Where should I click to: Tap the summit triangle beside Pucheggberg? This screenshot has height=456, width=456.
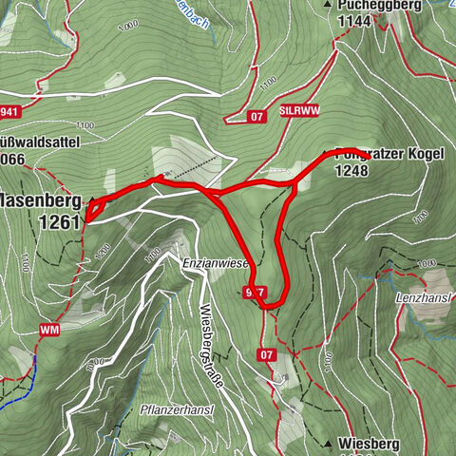[328, 6]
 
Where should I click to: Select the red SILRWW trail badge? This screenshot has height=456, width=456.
[299, 112]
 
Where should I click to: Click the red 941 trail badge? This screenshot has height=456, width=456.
[9, 111]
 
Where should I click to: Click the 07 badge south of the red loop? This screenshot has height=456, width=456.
[268, 355]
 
